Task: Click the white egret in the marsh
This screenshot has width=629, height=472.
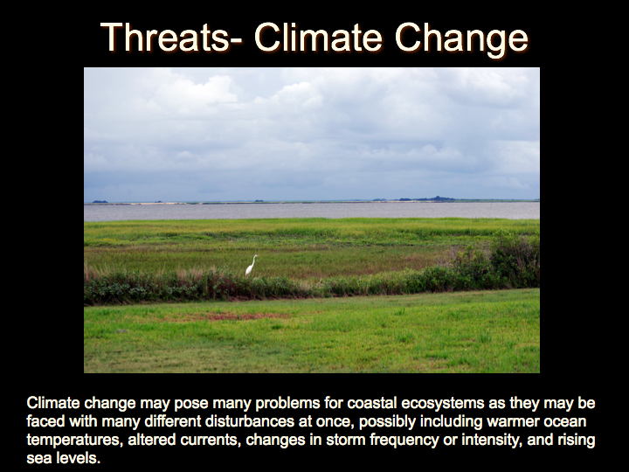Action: [251, 266]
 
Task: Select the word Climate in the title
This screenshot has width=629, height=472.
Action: [318, 38]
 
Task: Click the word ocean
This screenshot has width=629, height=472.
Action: [565, 421]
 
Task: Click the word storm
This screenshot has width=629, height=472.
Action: [347, 440]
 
